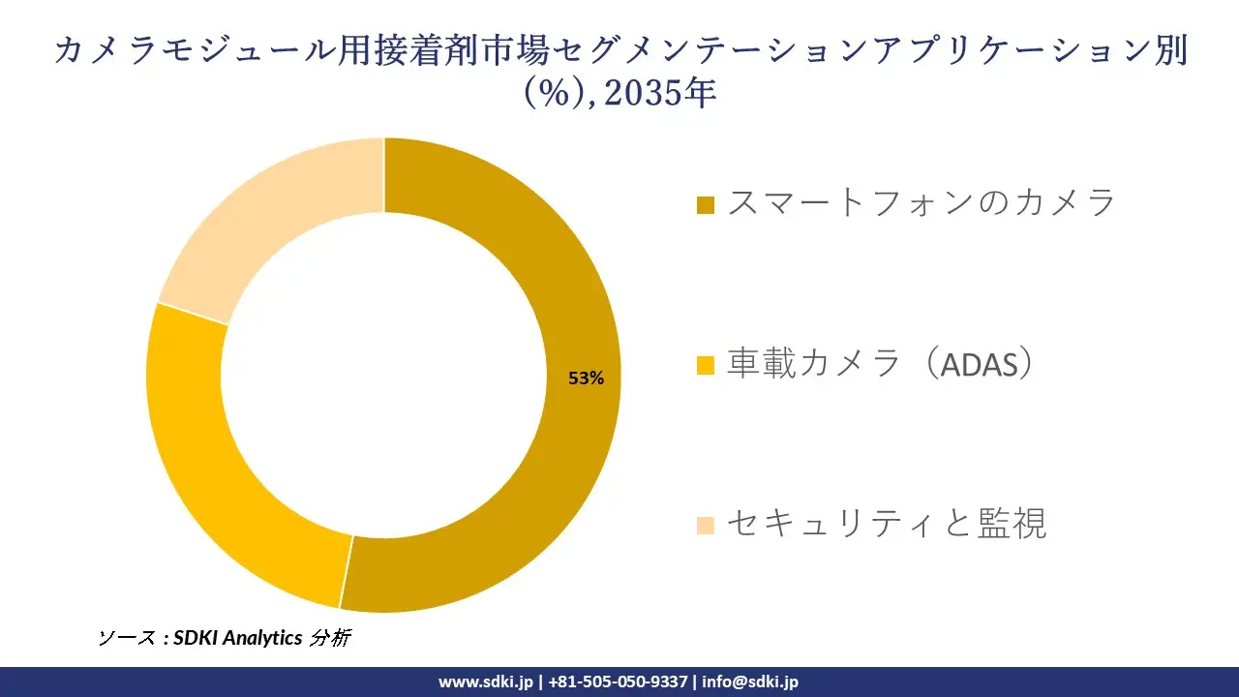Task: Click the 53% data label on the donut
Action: pos(586,379)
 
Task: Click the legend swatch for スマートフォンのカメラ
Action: pos(706,205)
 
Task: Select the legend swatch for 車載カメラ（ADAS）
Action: pos(706,366)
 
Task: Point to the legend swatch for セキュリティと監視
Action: pos(706,526)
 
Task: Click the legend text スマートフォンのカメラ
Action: pos(922,202)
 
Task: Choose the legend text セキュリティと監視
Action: pos(887,524)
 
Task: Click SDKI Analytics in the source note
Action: pos(238,638)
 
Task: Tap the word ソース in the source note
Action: pos(127,638)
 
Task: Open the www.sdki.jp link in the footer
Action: pos(485,682)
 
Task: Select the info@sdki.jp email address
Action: pos(750,682)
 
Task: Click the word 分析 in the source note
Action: pos(331,638)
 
